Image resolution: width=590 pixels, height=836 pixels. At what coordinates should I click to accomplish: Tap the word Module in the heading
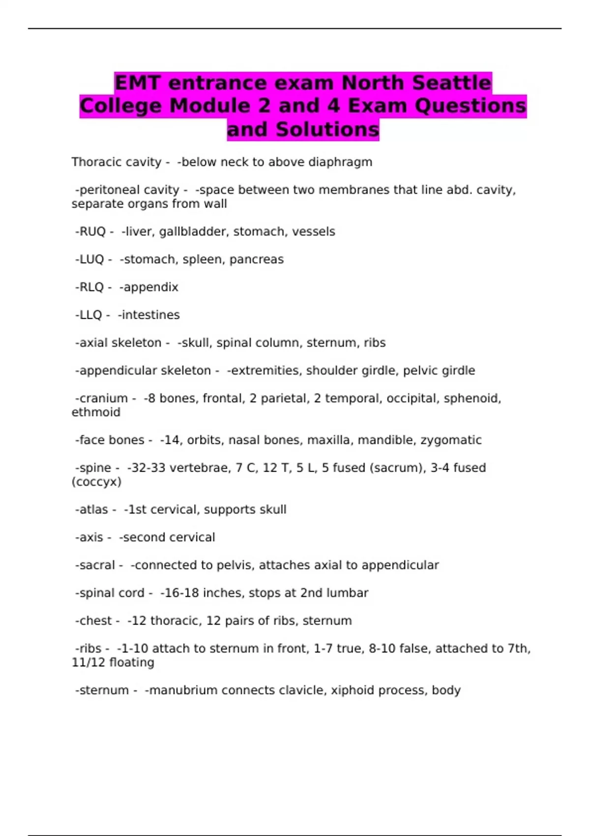(219, 106)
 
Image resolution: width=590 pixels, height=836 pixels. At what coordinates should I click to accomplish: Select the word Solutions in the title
(327, 129)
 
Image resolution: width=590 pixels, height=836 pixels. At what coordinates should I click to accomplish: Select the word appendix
(151, 287)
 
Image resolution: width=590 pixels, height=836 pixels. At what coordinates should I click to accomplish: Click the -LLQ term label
(88, 315)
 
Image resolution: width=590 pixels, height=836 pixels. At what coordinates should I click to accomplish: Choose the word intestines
(151, 315)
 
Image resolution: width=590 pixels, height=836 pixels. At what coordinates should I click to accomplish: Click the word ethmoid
(96, 412)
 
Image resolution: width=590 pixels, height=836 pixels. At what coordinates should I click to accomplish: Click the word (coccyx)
(96, 482)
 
